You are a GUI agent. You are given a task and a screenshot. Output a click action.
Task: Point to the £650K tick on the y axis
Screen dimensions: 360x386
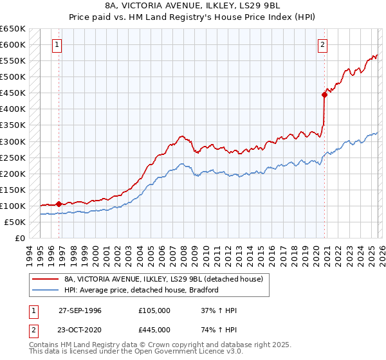point(13,29)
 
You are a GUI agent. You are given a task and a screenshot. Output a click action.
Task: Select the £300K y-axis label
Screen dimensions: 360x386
point(13,141)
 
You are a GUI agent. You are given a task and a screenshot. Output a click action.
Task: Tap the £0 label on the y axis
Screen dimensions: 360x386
point(19,238)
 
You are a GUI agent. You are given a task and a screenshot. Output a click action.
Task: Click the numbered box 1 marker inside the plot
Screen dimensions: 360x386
point(58,45)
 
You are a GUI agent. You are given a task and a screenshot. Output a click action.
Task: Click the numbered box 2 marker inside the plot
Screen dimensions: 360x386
point(322,45)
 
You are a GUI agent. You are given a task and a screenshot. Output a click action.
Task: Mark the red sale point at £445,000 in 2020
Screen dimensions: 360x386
point(324,94)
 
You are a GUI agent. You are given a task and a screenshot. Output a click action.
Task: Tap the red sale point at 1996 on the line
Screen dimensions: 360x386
point(59,204)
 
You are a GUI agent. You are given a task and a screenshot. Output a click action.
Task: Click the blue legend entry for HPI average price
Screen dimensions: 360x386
point(142,291)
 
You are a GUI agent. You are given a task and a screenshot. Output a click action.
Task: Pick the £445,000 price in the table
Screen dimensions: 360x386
point(154,329)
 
